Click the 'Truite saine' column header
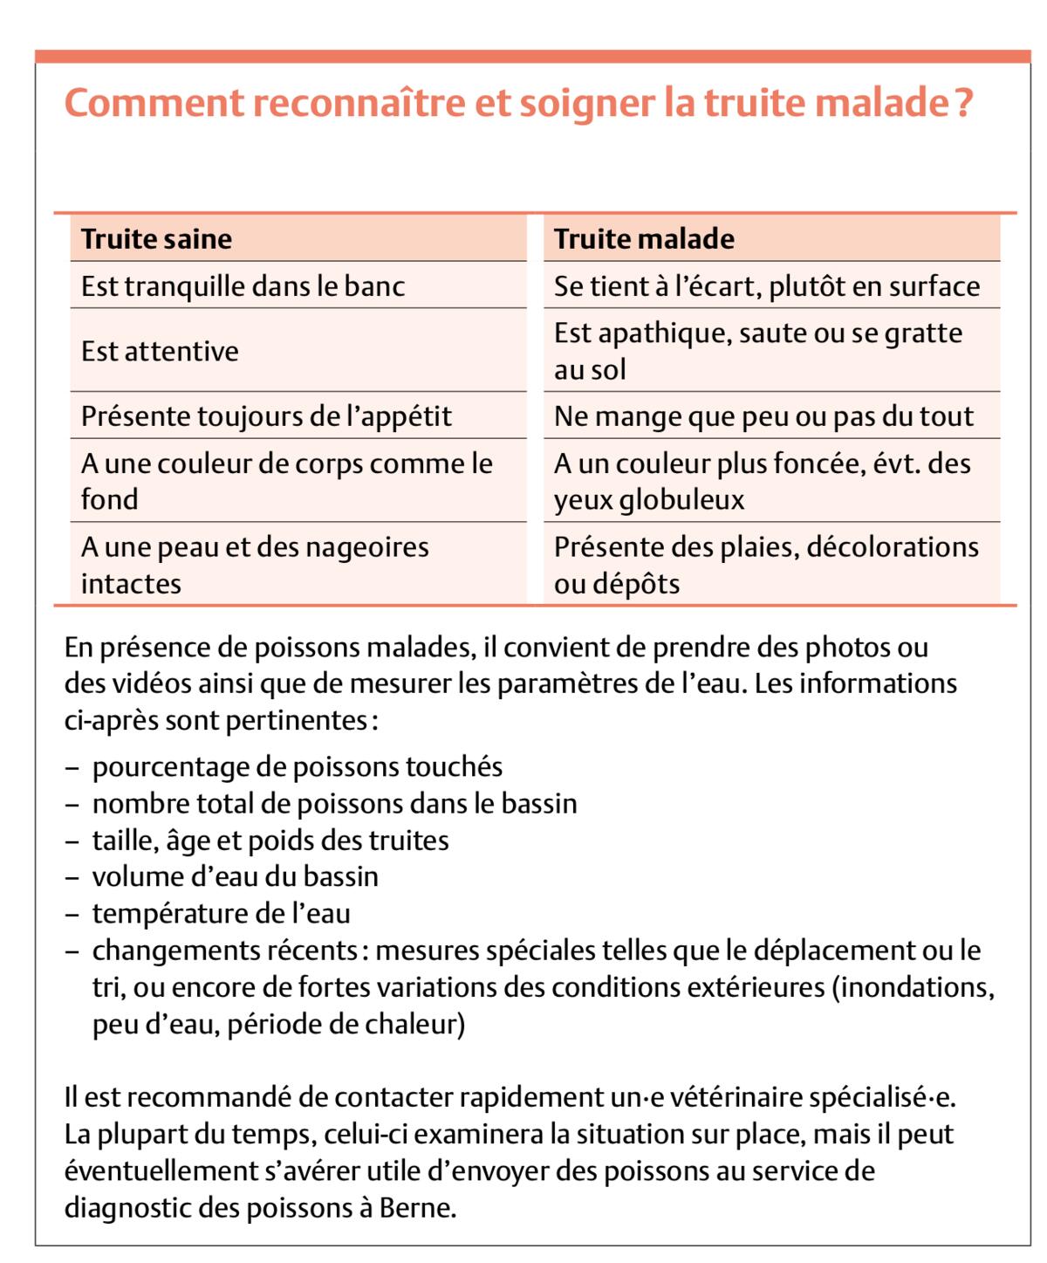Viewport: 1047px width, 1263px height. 157,238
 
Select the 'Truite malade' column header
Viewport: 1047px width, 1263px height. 644,238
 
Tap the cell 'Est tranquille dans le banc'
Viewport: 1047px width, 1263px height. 243,285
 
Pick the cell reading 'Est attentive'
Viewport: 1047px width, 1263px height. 160,351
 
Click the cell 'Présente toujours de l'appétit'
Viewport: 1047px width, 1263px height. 266,415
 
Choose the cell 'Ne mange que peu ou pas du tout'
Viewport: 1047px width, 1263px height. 763,415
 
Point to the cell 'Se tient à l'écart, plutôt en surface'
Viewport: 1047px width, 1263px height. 767,285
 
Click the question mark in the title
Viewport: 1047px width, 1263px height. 963,103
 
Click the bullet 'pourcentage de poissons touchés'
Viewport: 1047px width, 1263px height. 298,766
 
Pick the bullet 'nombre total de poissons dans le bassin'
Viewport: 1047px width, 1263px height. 334,803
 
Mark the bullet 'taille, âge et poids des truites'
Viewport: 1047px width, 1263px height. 270,840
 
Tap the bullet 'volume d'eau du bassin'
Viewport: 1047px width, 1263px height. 236,876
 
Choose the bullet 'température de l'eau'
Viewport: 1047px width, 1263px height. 221,913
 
